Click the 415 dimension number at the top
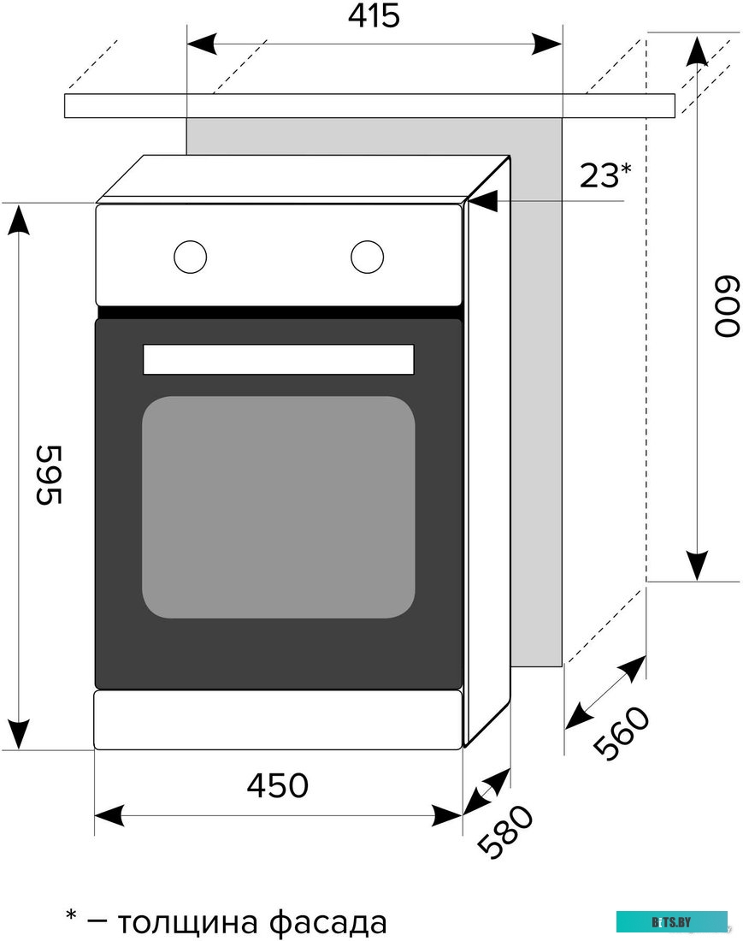(374, 15)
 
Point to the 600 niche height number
(725, 307)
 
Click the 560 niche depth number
(622, 734)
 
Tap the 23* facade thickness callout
(604, 175)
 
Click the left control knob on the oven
(190, 256)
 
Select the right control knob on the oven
(366, 256)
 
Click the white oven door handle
(278, 359)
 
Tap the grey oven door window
(278, 506)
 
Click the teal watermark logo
(672, 921)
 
